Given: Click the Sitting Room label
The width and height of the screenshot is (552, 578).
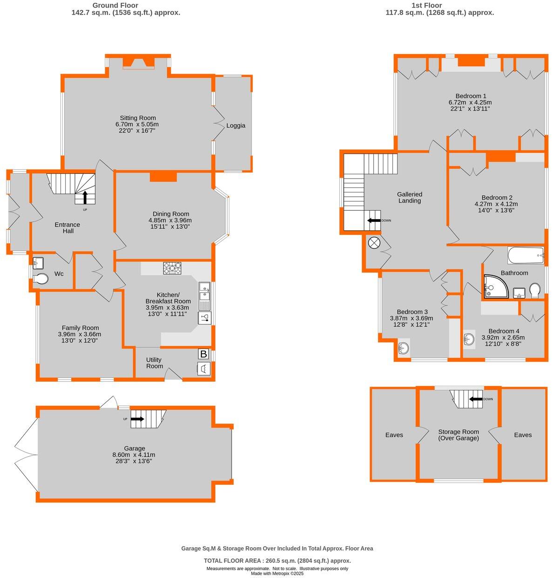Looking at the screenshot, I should point(138,118).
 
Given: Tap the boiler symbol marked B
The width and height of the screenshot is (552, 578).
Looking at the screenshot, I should point(203,354).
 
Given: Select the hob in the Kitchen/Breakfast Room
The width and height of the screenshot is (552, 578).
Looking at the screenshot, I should point(172,268).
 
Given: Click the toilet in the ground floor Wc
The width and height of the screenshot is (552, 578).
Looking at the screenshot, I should point(40,279).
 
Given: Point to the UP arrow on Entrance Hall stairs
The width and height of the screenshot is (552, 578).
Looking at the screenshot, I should point(85,197).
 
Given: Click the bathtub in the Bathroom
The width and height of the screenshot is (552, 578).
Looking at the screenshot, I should point(525,255).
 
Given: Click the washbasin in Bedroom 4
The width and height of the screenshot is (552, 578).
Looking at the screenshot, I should point(469,339).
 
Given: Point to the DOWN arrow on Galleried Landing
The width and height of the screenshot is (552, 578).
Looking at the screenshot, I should point(374,220).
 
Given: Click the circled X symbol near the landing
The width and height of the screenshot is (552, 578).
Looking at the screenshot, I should point(374,243).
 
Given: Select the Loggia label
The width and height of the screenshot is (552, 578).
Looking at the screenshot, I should point(236,125).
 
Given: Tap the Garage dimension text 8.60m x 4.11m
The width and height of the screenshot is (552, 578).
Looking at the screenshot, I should point(134,454).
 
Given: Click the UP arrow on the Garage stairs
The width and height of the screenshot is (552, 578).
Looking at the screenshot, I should point(138,419).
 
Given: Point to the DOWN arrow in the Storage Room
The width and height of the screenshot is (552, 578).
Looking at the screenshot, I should point(476,399).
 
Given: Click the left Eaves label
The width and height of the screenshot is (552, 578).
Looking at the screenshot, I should point(394,435).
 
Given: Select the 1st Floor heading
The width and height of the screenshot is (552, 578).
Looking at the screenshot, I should point(426,6).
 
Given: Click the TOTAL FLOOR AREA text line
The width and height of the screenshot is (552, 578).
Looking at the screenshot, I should point(277,561).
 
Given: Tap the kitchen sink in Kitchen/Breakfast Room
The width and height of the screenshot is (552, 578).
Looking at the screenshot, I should point(204,296).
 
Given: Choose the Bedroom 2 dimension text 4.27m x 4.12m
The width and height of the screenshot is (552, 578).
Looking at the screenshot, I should point(496,204).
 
